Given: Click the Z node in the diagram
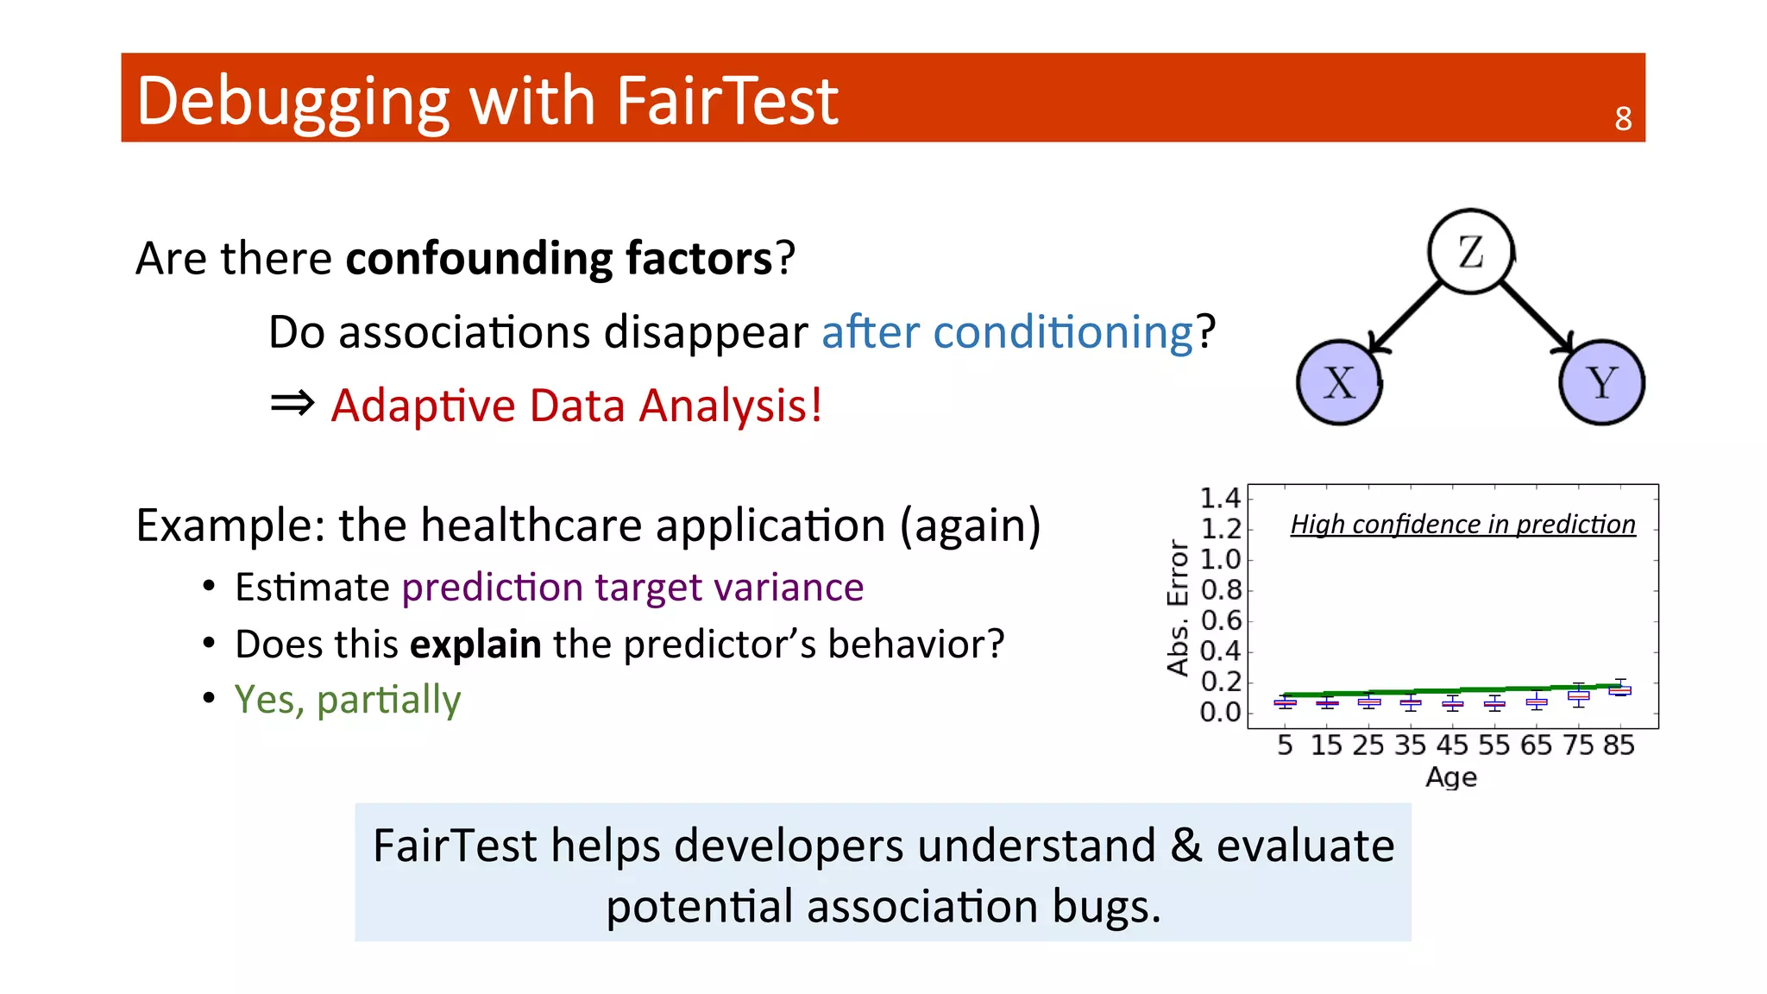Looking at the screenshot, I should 1470,251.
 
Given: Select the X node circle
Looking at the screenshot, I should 1339,382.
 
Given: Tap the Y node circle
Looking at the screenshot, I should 1601,382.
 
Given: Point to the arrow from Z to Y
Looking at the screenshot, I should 1536,316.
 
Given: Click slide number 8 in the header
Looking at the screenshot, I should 1623,119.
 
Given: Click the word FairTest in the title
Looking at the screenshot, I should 726,101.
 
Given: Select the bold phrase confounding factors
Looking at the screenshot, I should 559,258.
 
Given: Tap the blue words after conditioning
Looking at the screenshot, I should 1007,332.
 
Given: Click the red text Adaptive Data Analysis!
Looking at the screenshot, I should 576,406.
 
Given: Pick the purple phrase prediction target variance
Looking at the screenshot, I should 632,588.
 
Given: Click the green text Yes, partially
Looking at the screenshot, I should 348,699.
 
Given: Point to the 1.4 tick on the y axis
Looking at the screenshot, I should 1220,498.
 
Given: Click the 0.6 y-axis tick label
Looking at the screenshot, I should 1220,620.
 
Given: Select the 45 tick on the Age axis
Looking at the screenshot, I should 1452,745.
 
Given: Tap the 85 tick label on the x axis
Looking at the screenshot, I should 1619,745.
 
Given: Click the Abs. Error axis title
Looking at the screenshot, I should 1178,607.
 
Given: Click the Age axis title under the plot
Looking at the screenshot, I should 1451,777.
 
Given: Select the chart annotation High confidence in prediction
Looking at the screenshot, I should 1462,525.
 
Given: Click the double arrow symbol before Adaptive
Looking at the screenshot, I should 292,403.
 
